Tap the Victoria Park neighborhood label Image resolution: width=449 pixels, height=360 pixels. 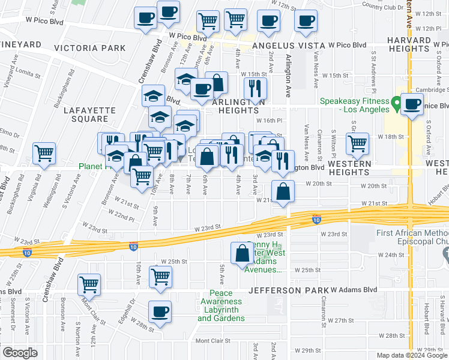(90, 47)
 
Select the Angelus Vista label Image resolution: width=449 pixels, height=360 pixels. (289, 46)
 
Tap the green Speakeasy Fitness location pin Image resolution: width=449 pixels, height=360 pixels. (396, 104)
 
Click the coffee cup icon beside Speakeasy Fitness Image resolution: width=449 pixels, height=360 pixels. (412, 104)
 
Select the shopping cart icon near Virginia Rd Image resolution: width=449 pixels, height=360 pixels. (44, 154)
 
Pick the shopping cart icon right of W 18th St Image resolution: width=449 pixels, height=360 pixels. (357, 144)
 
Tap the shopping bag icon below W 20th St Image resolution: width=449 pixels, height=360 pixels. (283, 191)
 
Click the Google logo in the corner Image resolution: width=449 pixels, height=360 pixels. (19, 353)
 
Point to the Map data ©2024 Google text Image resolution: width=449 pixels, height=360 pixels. (412, 355)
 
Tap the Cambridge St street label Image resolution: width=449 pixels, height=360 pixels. (430, 89)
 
